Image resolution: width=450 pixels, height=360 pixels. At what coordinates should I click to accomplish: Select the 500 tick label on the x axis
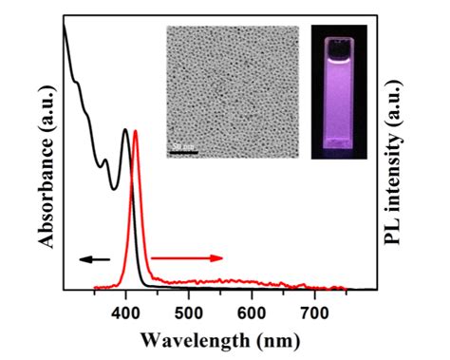point(189,308)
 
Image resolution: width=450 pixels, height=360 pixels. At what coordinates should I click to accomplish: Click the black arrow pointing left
point(94,257)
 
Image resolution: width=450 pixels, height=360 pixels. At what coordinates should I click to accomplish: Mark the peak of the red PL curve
point(136,131)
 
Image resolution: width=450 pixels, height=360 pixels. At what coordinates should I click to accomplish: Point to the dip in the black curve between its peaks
point(114,187)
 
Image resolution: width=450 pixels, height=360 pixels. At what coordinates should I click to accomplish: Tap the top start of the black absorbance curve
point(64,24)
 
